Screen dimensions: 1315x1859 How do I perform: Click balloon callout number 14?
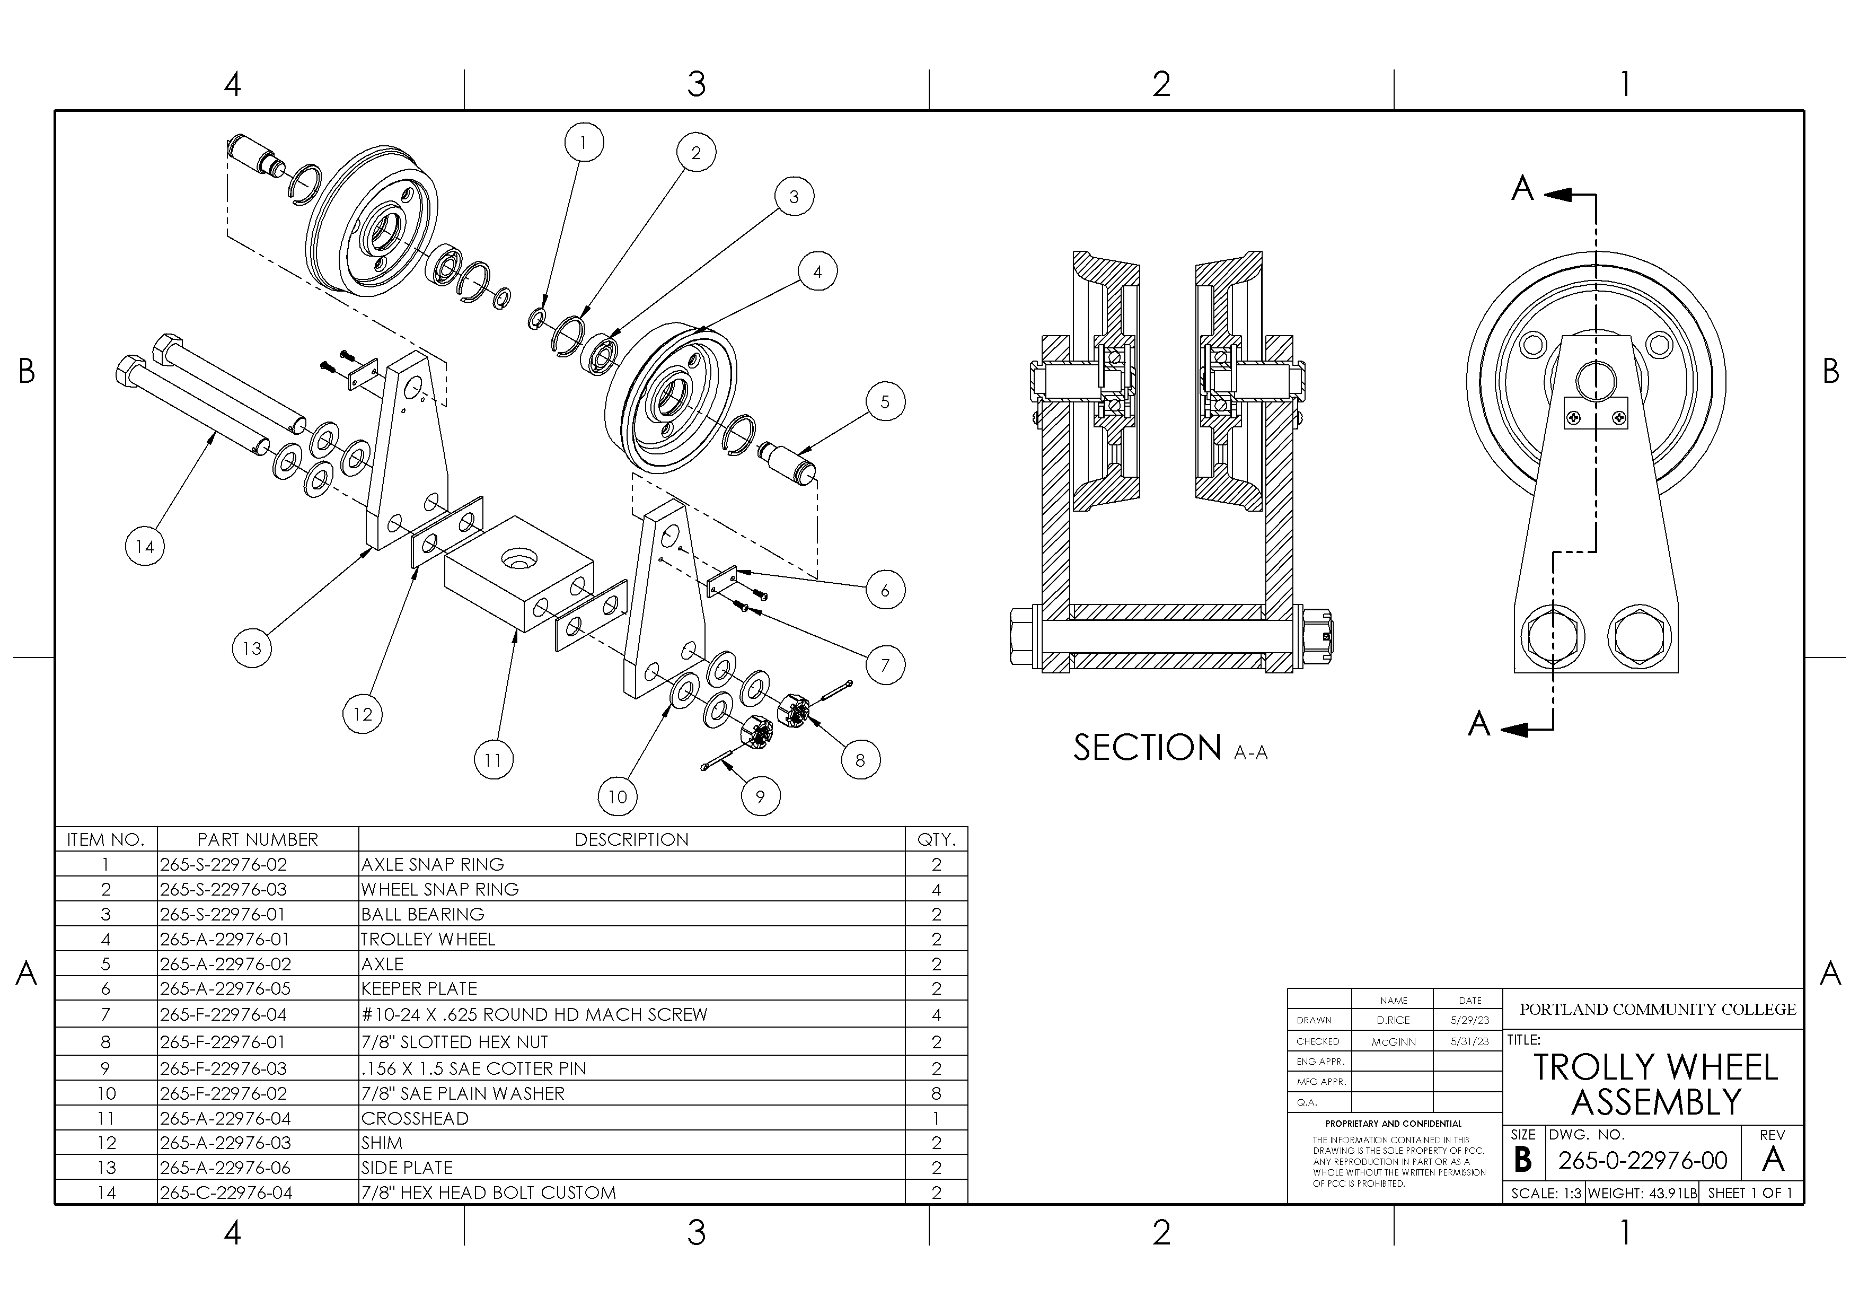point(145,547)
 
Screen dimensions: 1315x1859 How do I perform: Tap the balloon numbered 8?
point(860,759)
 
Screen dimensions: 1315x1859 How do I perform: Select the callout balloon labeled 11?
point(493,759)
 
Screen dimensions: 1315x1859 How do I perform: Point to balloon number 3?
point(794,197)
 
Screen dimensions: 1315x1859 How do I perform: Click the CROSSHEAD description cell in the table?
point(415,1118)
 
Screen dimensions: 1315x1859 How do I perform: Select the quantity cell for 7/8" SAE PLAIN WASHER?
point(936,1093)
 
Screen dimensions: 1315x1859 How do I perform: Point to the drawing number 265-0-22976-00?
point(1643,1160)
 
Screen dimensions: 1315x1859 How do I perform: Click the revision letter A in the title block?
point(1773,1160)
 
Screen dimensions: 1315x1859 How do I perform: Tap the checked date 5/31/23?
point(1469,1041)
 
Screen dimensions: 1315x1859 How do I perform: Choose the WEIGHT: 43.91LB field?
point(1642,1193)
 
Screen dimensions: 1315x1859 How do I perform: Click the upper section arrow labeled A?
point(1522,189)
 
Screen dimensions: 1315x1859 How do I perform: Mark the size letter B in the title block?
point(1523,1160)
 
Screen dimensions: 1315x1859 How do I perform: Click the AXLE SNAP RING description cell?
point(433,864)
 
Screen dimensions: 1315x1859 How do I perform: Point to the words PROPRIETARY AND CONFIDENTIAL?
point(1394,1124)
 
